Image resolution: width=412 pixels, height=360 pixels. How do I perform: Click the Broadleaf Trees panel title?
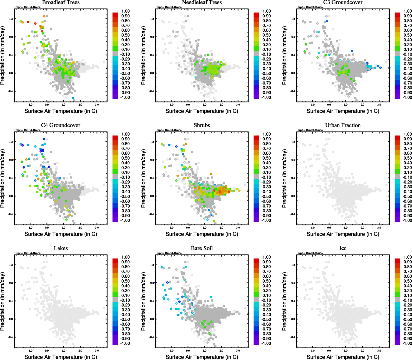click(x=61, y=2)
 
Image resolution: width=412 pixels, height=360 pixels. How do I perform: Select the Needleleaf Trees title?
click(x=202, y=2)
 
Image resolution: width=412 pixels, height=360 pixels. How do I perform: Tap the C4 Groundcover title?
click(x=61, y=125)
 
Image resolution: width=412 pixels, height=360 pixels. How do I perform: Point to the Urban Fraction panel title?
click(x=343, y=125)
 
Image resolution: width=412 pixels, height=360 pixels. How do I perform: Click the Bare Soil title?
click(x=202, y=248)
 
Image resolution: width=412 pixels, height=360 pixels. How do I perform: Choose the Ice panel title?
click(x=343, y=248)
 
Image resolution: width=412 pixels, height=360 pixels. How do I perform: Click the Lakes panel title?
click(x=61, y=248)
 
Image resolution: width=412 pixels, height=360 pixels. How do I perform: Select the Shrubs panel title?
click(x=202, y=125)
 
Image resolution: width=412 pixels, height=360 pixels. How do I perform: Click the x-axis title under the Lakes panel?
click(x=61, y=357)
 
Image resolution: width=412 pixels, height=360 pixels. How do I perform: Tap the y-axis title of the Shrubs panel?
click(x=143, y=178)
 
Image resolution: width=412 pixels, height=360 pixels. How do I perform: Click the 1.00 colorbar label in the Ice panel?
click(x=407, y=257)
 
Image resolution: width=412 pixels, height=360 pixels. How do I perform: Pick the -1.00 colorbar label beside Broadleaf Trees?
click(x=125, y=97)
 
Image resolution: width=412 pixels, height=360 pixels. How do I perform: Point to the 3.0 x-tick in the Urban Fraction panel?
click(x=379, y=228)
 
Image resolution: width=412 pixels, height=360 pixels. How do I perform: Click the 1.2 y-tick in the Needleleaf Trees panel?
click(x=152, y=19)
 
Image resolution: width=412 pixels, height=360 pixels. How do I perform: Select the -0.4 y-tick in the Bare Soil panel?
click(x=152, y=337)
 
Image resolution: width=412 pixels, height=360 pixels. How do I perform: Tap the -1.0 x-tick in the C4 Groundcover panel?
click(x=30, y=228)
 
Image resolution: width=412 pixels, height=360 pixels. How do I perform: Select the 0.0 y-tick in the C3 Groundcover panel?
click(x=293, y=73)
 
